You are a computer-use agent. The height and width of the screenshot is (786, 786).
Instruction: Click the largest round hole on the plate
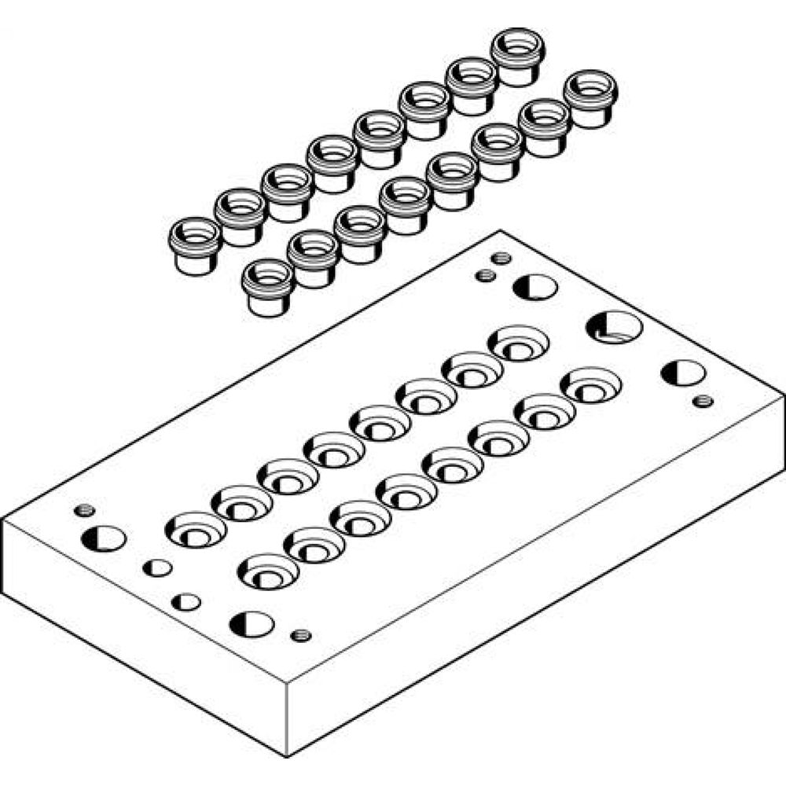click(614, 327)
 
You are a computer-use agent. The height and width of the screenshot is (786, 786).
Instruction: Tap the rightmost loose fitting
click(590, 98)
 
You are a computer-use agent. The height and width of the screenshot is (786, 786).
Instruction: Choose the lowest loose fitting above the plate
click(268, 287)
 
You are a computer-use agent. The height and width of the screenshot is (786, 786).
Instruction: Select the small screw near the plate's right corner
click(703, 401)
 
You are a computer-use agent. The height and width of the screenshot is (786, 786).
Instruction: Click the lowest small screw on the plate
click(300, 635)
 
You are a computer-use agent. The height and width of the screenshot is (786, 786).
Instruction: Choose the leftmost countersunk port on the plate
click(195, 530)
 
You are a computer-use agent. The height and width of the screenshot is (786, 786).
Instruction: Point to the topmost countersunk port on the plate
click(518, 343)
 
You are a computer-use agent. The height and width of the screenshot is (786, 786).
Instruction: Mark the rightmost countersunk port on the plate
click(590, 384)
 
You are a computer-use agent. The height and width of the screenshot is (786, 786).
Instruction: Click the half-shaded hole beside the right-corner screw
click(682, 373)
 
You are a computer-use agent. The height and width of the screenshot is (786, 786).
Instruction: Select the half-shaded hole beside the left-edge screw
click(103, 538)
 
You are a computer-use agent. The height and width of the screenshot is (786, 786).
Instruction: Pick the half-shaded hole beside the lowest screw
click(252, 624)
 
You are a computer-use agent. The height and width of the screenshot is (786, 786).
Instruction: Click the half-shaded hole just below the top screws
click(535, 287)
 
